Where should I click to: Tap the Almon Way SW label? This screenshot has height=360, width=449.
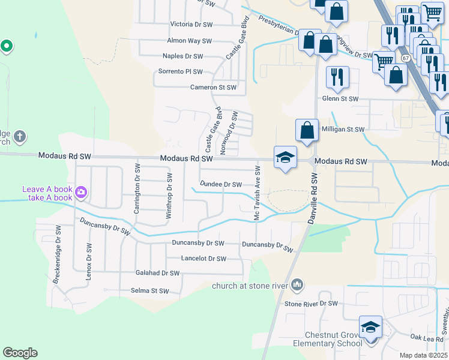click(x=190, y=41)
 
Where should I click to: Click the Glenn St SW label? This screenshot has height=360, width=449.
click(x=340, y=98)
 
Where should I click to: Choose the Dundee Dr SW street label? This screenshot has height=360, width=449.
click(x=220, y=185)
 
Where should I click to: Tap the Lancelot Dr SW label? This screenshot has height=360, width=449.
click(x=204, y=259)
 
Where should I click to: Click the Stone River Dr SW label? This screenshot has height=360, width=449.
click(x=312, y=304)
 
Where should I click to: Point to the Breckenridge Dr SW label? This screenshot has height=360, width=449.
click(x=58, y=254)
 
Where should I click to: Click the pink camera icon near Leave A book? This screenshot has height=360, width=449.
click(x=81, y=193)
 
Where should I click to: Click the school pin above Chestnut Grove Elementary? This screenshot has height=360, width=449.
click(x=370, y=327)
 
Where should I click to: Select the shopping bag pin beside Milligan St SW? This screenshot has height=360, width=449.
click(x=307, y=131)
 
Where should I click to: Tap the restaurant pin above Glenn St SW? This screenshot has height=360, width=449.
click(x=337, y=77)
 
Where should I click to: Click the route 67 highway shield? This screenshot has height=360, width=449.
click(x=406, y=58)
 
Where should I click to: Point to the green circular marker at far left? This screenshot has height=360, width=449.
click(x=7, y=46)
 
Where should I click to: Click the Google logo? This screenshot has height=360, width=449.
click(x=20, y=353)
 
